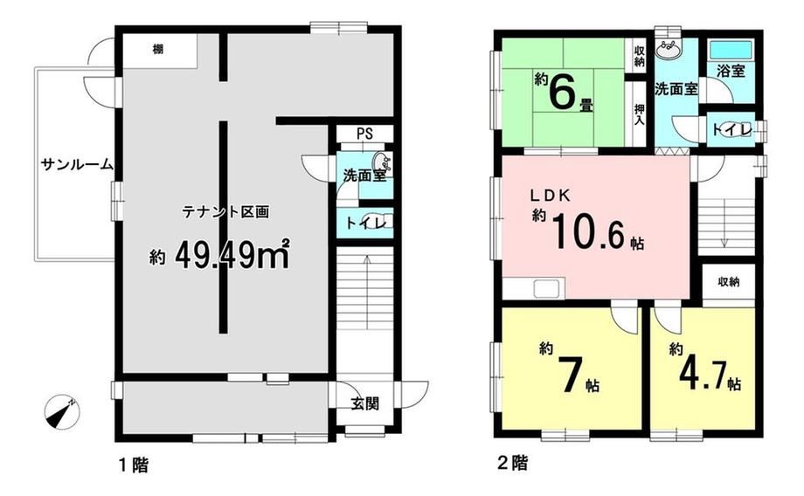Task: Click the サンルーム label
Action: click(x=77, y=164)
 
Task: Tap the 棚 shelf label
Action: click(x=158, y=50)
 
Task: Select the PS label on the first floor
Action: click(x=364, y=134)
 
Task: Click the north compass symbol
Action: click(x=62, y=412)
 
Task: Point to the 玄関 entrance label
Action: click(x=365, y=403)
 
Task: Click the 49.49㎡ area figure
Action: click(x=232, y=255)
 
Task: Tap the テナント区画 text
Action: click(x=225, y=212)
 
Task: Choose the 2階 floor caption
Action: click(x=513, y=463)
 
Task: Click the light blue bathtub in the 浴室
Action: click(x=731, y=50)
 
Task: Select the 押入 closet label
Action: click(x=639, y=114)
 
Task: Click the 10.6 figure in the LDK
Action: click(x=590, y=231)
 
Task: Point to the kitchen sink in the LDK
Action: click(x=549, y=289)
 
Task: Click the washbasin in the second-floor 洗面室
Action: click(x=670, y=50)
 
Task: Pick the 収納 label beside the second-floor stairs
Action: click(x=728, y=281)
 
